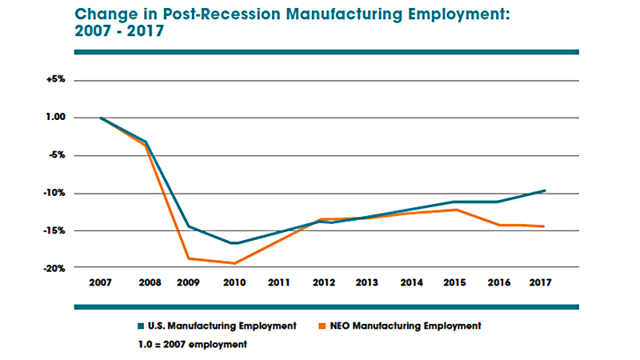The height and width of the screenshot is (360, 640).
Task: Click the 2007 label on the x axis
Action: click(x=102, y=282)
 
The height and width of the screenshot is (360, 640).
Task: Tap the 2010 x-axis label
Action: click(x=234, y=282)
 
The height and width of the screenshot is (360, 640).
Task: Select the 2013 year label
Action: click(x=367, y=282)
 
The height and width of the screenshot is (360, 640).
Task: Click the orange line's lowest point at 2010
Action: click(x=234, y=263)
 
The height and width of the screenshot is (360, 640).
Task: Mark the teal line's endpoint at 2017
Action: click(x=545, y=190)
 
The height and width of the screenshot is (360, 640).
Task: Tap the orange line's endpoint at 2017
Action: click(x=545, y=226)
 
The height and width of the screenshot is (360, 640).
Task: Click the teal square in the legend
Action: click(x=141, y=326)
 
